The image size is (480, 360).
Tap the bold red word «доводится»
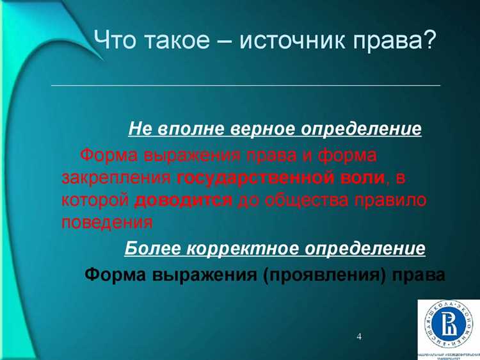[184, 200]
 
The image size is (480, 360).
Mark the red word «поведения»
[107, 222]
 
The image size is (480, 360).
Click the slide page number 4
[358, 336]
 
